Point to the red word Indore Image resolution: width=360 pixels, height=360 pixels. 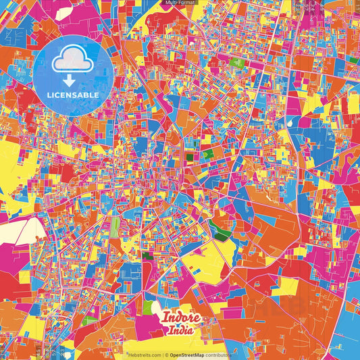pos(179,318)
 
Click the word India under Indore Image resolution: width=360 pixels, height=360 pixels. pos(180,331)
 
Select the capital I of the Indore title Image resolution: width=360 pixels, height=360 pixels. pos(164,317)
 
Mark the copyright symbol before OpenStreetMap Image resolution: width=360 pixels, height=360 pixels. pos(167,355)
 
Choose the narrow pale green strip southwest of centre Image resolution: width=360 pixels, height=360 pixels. pos(115,227)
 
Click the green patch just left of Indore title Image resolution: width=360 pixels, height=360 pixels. pos(148,307)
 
